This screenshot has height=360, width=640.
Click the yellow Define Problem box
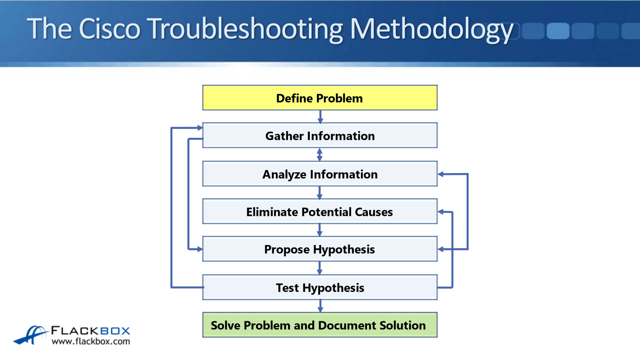(320, 98)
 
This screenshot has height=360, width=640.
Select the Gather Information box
(320, 135)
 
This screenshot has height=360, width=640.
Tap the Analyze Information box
(320, 174)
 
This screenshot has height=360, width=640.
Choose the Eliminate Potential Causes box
(320, 212)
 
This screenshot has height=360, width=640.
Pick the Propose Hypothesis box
(320, 249)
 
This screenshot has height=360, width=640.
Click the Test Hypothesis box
(320, 287)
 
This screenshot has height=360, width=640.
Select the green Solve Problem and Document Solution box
(320, 325)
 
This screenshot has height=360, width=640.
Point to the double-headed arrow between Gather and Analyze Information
(319, 154)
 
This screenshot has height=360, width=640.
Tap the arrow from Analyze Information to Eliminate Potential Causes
(319, 192)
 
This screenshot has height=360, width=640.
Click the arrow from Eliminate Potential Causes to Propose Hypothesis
(319, 230)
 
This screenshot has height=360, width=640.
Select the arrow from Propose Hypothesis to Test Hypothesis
(319, 268)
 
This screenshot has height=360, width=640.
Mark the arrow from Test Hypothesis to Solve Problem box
(320, 306)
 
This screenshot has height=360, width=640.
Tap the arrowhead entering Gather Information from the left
(200, 127)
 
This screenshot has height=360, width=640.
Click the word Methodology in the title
(431, 29)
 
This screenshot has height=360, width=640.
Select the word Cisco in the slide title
(109, 29)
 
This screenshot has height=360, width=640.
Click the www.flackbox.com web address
(91, 341)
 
